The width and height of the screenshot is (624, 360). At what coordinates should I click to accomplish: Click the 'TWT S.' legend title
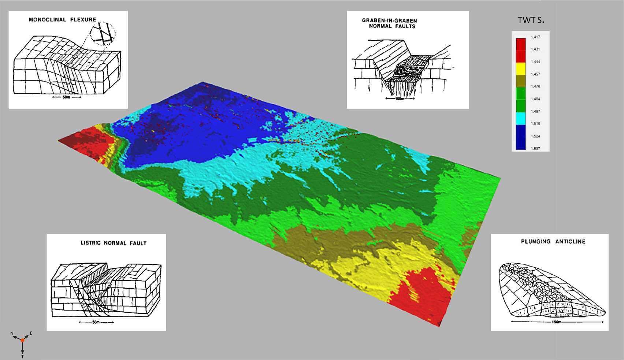531,21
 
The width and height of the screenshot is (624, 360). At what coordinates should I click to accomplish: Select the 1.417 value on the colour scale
535,37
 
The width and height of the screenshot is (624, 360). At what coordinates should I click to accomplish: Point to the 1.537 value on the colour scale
535,148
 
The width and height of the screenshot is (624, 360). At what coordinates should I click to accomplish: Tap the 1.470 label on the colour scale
535,86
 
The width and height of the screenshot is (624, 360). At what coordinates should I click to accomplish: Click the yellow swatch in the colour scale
520,69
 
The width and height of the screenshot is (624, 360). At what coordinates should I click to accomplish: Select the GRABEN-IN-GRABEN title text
389,21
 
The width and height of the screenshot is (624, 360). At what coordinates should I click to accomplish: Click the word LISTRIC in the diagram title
90,243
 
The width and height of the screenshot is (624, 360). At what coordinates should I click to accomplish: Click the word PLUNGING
536,242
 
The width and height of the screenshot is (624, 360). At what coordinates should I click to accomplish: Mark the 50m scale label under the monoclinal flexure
66,97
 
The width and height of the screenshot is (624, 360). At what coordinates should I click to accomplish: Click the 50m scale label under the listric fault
96,322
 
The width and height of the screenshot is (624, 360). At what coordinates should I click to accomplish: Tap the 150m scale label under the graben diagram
400,99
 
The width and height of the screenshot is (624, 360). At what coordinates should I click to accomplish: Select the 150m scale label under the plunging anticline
556,322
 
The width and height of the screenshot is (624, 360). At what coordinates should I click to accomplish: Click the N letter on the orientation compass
12,333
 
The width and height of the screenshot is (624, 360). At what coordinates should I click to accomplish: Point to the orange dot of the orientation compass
22,340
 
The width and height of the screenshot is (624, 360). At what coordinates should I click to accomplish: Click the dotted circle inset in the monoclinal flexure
103,34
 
